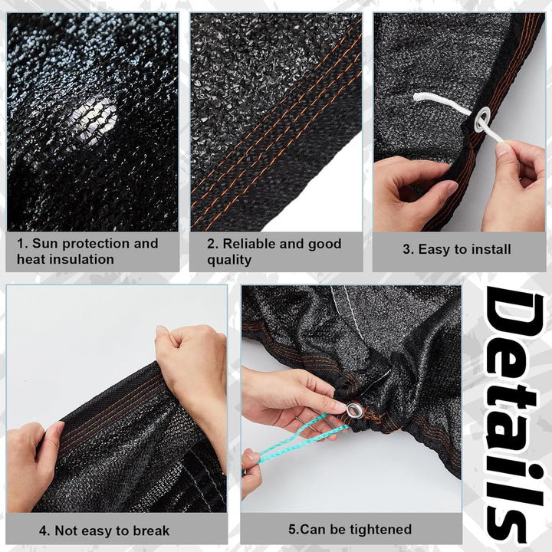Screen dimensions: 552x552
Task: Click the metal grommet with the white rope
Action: click(482, 120)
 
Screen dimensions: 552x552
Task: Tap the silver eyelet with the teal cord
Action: click(353, 409)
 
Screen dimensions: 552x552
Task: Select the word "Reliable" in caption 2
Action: click(250, 244)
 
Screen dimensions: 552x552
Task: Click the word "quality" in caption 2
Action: click(229, 261)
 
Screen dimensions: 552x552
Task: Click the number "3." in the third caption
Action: click(409, 250)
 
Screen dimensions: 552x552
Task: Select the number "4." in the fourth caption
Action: click(44, 531)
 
